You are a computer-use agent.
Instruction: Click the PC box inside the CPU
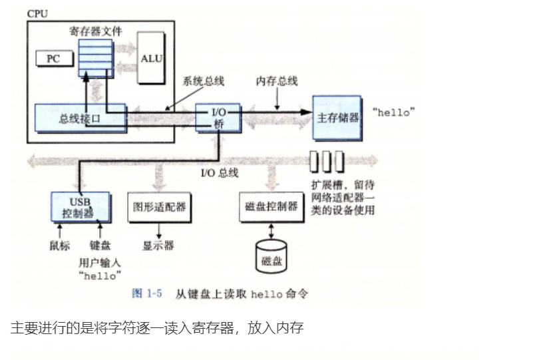click(53, 59)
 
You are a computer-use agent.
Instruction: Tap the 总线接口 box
click(80, 119)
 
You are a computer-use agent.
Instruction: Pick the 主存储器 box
click(337, 117)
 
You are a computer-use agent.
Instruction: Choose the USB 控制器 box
click(80, 207)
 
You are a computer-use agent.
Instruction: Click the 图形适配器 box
click(159, 208)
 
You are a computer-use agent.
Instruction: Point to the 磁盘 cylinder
click(271, 256)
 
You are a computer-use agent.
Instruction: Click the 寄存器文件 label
click(94, 31)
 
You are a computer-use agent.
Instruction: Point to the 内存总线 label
click(277, 81)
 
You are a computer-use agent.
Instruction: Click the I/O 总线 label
click(219, 174)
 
